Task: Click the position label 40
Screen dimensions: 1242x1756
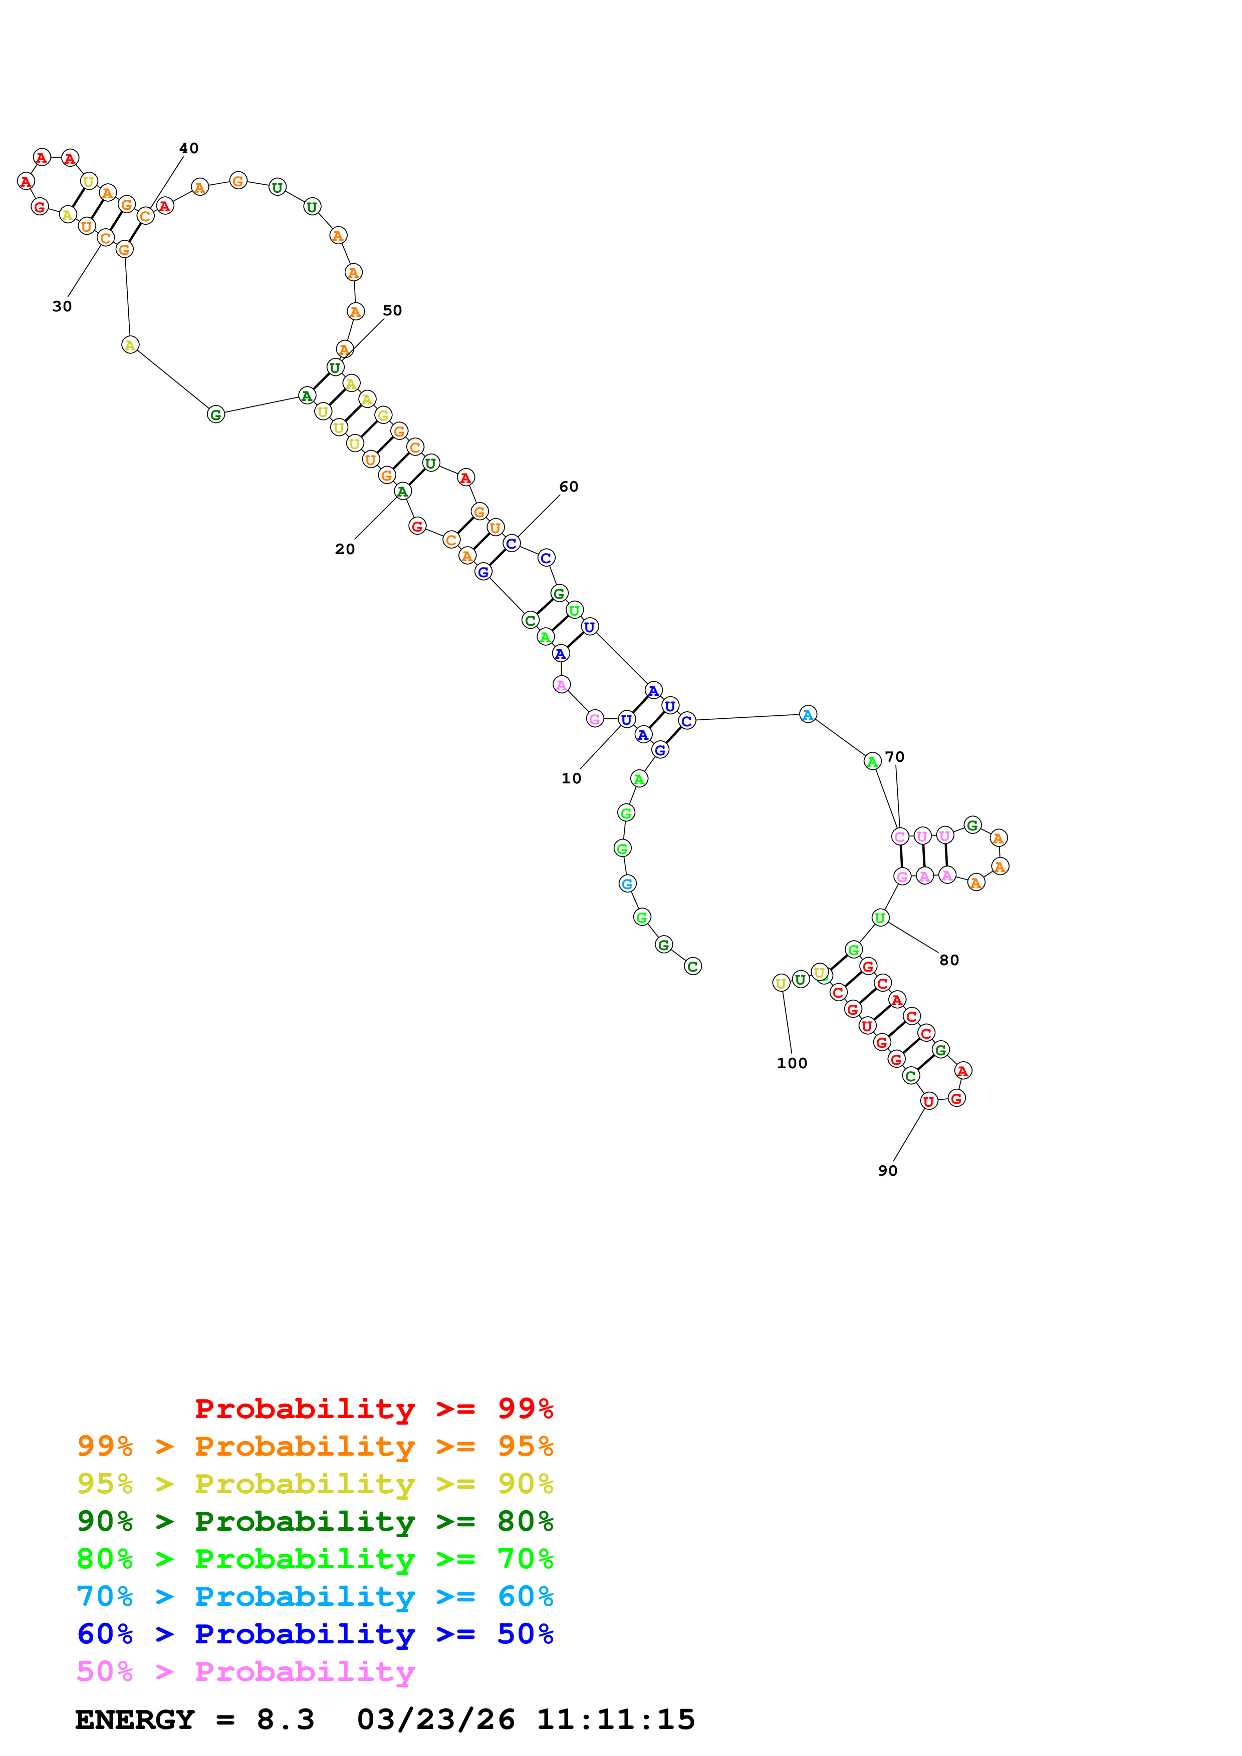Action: coord(188,148)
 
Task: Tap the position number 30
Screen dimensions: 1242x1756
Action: coord(62,307)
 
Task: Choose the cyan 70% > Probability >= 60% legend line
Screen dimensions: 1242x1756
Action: coord(315,1596)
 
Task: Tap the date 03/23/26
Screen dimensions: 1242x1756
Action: coord(435,1719)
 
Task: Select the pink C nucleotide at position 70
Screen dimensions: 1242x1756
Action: coord(900,836)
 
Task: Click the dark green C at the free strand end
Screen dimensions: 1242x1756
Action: coord(692,967)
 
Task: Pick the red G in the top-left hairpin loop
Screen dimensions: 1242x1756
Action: coord(40,207)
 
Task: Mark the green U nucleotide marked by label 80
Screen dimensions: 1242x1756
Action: coord(880,918)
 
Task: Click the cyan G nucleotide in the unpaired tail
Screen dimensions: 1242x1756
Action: coord(627,884)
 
